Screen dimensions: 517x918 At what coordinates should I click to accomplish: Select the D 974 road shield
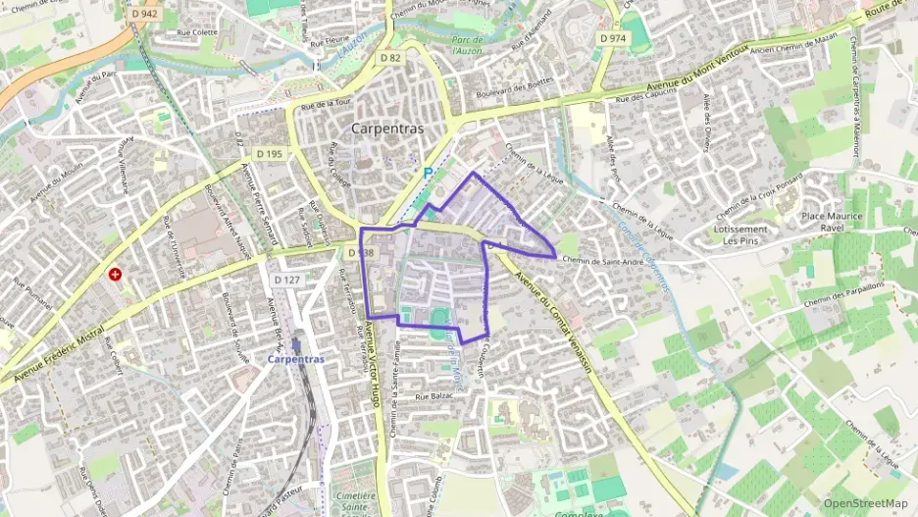pyautogui.click(x=612, y=38)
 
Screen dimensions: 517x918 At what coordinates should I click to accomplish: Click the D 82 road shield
pyautogui.click(x=391, y=58)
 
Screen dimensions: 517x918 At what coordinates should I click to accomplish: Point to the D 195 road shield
pyautogui.click(x=269, y=154)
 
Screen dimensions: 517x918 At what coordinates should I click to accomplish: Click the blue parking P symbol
pyautogui.click(x=427, y=173)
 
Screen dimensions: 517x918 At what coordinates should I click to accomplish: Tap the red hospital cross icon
pyautogui.click(x=116, y=275)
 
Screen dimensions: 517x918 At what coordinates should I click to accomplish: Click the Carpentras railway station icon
pyautogui.click(x=295, y=345)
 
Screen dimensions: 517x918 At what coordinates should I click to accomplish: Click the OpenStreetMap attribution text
pyautogui.click(x=866, y=503)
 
